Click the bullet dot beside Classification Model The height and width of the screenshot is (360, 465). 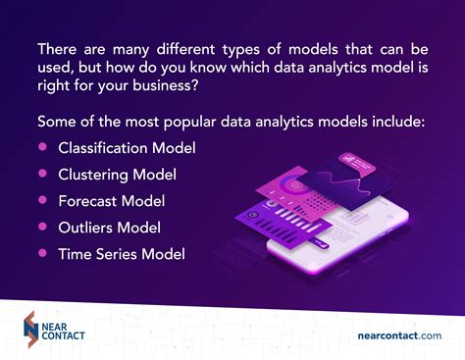(x=42, y=147)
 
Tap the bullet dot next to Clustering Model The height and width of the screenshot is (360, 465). (x=42, y=174)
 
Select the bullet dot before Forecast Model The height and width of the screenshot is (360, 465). (x=42, y=200)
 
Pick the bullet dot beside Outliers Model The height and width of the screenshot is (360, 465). (x=42, y=227)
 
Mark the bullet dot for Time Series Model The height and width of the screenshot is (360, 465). (x=42, y=253)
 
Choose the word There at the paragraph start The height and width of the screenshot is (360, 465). (x=58, y=47)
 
